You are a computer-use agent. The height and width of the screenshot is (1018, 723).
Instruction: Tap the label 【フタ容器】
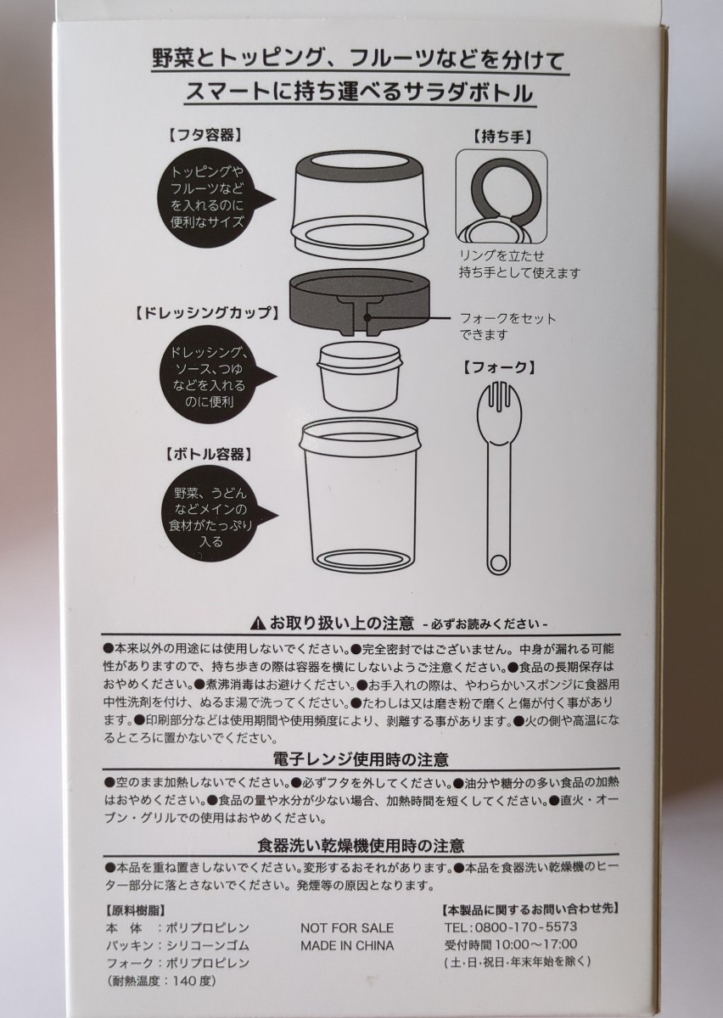click(x=205, y=135)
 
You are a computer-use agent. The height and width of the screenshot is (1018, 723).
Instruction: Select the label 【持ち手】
click(x=502, y=137)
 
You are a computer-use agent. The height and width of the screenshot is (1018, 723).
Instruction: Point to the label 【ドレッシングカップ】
click(x=207, y=313)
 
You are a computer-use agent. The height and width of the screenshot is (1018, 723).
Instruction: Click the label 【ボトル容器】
click(x=208, y=454)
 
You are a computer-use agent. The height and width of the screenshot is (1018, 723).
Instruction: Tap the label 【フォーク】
click(x=499, y=366)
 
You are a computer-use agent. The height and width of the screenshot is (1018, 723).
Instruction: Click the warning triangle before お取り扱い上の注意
click(x=258, y=623)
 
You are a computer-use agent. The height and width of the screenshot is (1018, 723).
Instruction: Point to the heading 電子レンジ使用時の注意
click(x=361, y=759)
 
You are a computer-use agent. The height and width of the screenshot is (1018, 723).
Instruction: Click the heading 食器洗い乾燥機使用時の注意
click(x=361, y=845)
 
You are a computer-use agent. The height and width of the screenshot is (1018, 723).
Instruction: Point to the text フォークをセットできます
click(x=508, y=327)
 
